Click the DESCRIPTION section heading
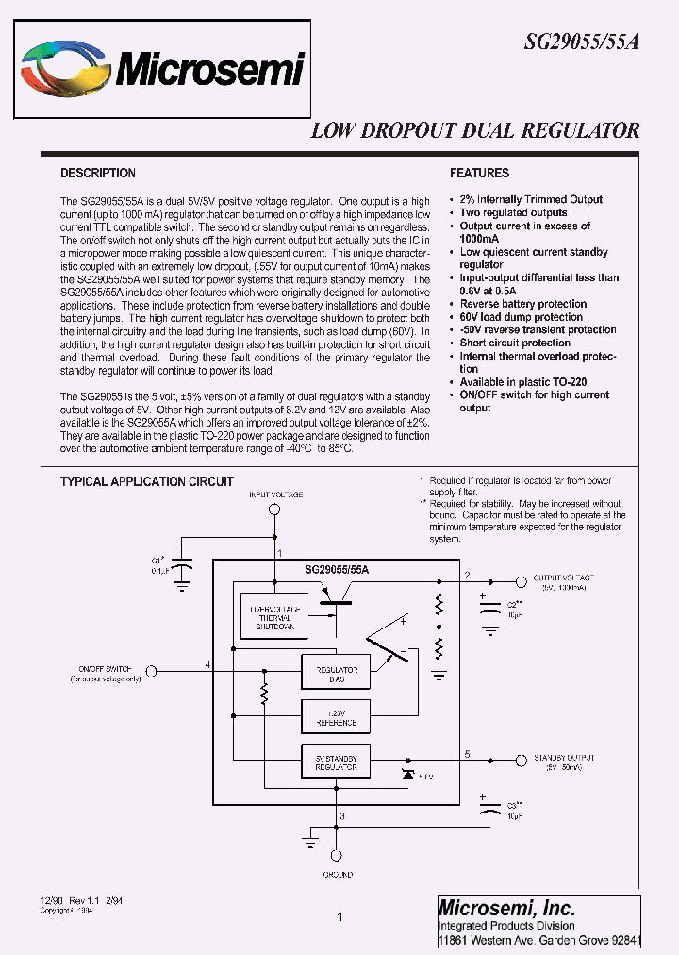pyautogui.click(x=98, y=174)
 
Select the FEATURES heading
pyautogui.click(x=479, y=174)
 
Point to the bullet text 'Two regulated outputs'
pyautogui.click(x=513, y=212)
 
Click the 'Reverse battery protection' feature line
pyautogui.click(x=523, y=304)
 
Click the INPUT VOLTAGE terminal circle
pyautogui.click(x=275, y=511)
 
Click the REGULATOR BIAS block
pyautogui.click(x=335, y=672)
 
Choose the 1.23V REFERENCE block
pyautogui.click(x=335, y=718)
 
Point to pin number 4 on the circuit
pyautogui.click(x=207, y=664)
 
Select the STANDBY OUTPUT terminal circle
pyautogui.click(x=519, y=760)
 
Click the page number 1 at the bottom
pyautogui.click(x=339, y=916)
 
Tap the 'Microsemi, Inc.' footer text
pyautogui.click(x=506, y=908)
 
